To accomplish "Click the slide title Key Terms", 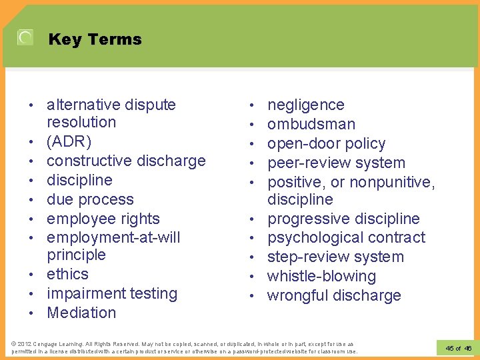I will pos(95,39).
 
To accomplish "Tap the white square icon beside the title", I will pos(25,38).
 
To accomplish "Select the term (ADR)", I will pos(69,142).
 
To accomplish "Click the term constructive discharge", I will pos(126,161).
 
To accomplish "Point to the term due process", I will pos(90,199).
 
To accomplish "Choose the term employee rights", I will pos(103,219).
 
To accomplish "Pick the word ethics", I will pos(67,274).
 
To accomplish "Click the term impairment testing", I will pos(112,293).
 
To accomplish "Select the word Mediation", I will pos(81,313).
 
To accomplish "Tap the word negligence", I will pos(306,105).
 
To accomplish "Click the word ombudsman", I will pos(311,124).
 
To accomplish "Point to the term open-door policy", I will pos(326,143).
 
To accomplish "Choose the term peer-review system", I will pos(336,163).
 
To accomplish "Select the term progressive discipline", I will pos(343,219).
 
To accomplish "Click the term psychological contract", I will pos(346,237).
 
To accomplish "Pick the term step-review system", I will pos(335,257).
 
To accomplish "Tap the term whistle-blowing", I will pos(321,276).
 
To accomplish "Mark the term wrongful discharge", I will pos(334,295).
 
